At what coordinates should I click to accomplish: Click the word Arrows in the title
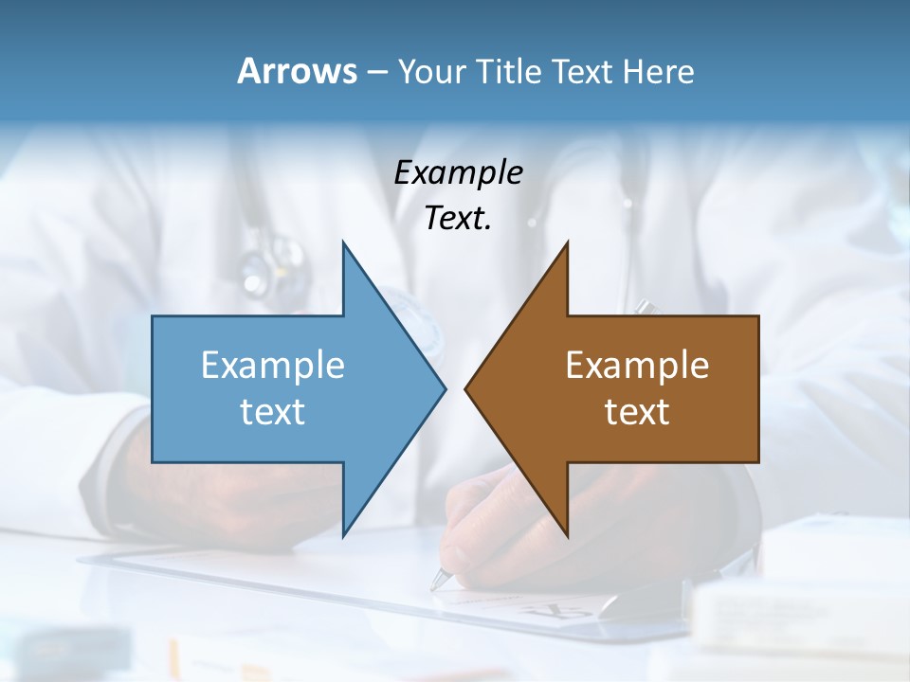click(x=297, y=71)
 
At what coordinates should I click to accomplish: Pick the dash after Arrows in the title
click(x=375, y=72)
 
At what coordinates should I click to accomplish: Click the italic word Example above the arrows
click(x=458, y=172)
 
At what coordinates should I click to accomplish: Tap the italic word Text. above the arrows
click(x=458, y=218)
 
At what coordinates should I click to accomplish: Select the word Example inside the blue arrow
click(x=272, y=365)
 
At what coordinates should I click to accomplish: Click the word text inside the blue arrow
click(x=272, y=411)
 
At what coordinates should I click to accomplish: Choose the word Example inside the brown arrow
click(x=637, y=365)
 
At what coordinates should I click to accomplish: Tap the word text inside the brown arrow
click(x=637, y=411)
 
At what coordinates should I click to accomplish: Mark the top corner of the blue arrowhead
click(x=343, y=242)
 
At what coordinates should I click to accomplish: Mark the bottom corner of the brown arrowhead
click(x=567, y=535)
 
